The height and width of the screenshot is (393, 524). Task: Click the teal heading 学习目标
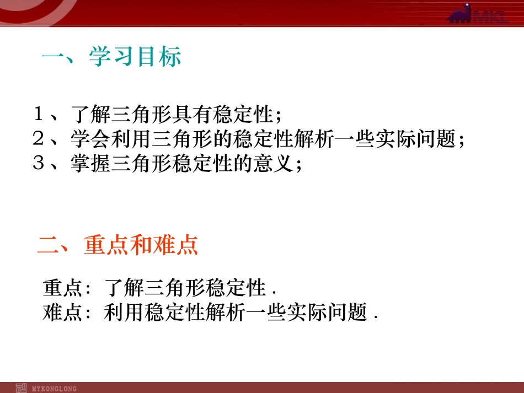[x=135, y=57]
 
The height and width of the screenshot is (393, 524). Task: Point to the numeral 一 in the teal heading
[x=54, y=57]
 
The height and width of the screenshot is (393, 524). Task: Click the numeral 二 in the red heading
[x=49, y=245]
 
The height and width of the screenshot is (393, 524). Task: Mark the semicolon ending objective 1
[x=279, y=117]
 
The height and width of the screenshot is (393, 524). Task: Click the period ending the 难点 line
[x=375, y=318]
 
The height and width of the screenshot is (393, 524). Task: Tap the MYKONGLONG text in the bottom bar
[x=55, y=389]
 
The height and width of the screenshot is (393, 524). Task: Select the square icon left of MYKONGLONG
[x=22, y=387]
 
